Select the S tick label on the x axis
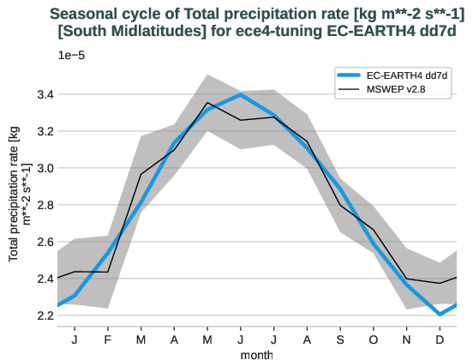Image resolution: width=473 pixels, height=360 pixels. (340, 340)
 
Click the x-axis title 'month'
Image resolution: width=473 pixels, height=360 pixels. (256, 353)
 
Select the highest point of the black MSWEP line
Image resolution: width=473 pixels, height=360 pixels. (207, 103)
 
